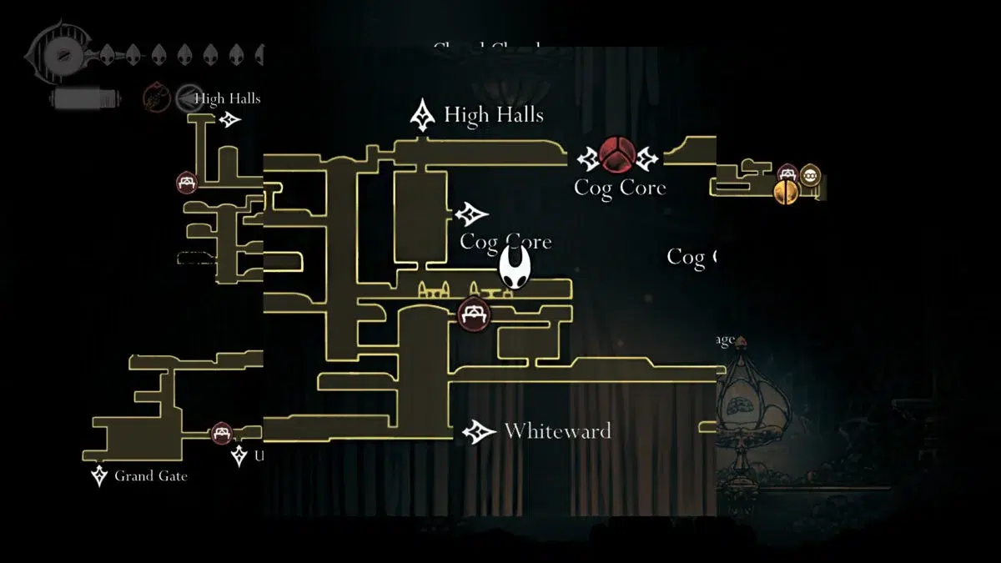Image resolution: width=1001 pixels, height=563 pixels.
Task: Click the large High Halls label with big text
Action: (494, 114)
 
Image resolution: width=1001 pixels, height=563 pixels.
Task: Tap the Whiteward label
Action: (557, 431)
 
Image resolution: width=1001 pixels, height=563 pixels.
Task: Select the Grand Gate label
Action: (151, 476)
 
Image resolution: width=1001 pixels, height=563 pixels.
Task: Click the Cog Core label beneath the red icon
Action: (620, 188)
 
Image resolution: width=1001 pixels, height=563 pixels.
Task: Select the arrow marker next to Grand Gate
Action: (99, 476)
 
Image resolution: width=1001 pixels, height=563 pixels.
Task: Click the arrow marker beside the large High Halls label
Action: (424, 114)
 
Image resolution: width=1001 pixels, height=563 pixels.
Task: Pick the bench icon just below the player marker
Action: (474, 314)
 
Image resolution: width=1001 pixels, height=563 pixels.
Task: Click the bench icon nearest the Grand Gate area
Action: (221, 433)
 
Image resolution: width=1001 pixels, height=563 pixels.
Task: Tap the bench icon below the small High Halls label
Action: (187, 182)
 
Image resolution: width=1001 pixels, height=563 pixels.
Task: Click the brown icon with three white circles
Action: (808, 175)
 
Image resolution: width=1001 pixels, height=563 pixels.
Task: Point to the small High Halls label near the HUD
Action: (227, 98)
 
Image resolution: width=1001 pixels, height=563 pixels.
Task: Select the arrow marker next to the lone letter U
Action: (239, 455)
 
